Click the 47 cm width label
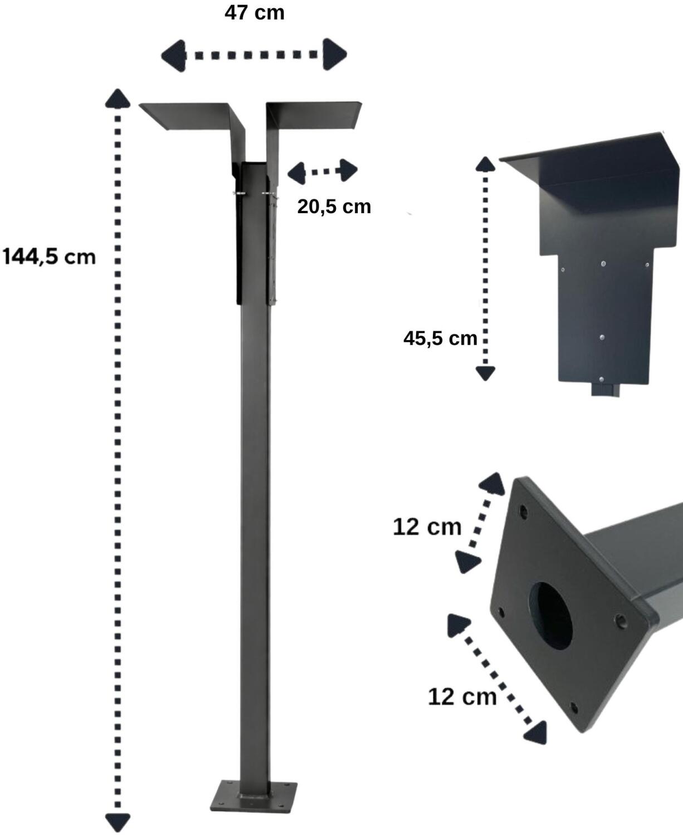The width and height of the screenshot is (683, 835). tap(254, 12)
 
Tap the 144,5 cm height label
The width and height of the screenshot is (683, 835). tap(49, 257)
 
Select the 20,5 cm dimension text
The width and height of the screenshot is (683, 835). tap(334, 207)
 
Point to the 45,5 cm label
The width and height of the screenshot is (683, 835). tap(440, 338)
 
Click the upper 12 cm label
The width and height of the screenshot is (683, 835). tap(427, 527)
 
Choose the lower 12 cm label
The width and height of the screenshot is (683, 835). tap(462, 696)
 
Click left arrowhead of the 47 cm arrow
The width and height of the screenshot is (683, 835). tap(173, 55)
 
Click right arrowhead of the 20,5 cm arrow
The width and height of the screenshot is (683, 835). tap(348, 170)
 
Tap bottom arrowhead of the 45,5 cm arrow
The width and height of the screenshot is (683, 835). tap(485, 373)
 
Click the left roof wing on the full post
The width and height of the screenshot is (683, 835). tap(189, 116)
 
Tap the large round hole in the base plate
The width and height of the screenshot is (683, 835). tap(551, 616)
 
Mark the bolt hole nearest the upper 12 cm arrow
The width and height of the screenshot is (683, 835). tap(523, 512)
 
